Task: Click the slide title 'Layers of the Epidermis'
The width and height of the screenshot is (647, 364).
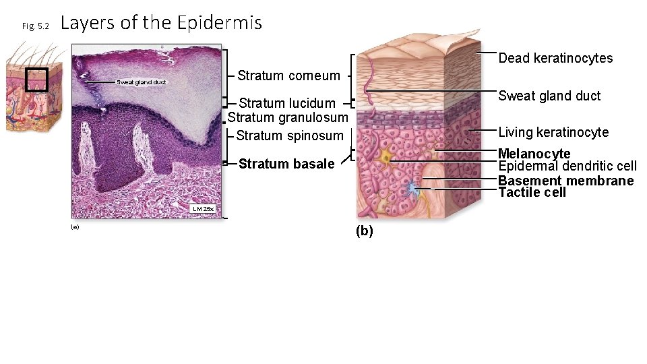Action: point(161,23)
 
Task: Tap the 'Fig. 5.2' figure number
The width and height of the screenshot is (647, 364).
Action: point(36,26)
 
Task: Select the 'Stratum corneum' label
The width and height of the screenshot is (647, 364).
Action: point(288,75)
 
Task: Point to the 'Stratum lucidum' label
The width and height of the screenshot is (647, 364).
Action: point(287,103)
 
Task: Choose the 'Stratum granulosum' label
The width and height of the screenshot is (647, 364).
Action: point(288,118)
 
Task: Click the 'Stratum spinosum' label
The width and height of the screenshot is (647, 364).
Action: point(290,135)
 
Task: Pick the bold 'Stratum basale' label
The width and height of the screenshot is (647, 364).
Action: point(286,164)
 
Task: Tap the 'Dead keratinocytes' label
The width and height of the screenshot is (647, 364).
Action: point(555,58)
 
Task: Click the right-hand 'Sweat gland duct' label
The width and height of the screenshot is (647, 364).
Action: point(549,96)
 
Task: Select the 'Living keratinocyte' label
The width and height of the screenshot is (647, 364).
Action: point(553,132)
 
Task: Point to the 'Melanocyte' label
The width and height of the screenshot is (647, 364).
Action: point(534,154)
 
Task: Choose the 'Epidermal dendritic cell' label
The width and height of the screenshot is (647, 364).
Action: point(567,166)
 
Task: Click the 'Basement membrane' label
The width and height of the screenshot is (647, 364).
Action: point(565,181)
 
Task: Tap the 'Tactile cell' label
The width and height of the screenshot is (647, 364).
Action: point(532,193)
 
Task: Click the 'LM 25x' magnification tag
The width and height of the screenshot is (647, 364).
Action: point(203,209)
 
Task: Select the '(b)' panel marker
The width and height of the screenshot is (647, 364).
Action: point(364,231)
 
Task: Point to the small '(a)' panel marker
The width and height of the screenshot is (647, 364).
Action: point(75,227)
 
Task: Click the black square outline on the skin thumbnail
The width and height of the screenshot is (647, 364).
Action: point(36,80)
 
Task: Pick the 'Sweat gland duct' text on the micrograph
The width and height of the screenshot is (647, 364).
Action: point(141,82)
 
